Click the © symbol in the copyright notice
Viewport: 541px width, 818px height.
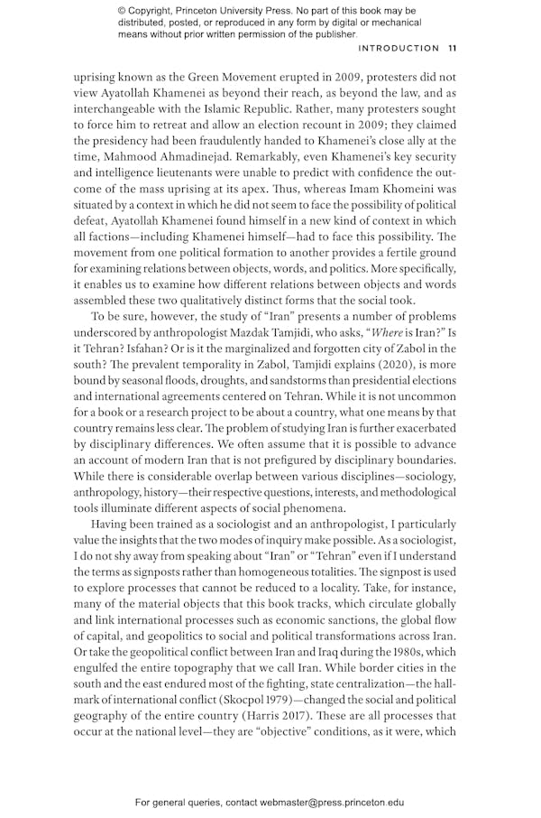(x=122, y=10)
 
